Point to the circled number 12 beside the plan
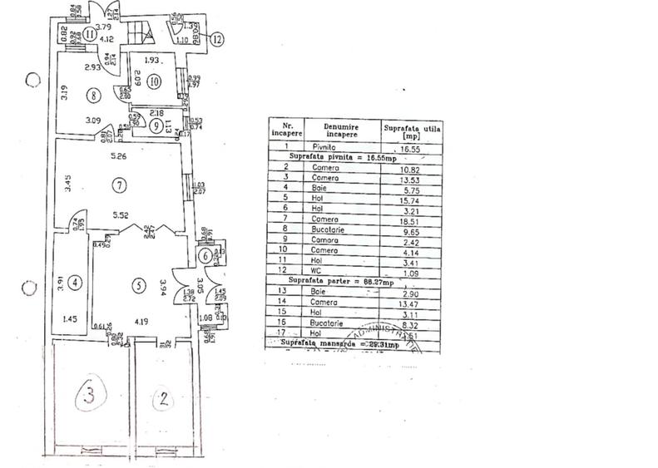click(x=217, y=37)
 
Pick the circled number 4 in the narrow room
click(x=75, y=283)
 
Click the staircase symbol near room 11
click(x=139, y=35)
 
